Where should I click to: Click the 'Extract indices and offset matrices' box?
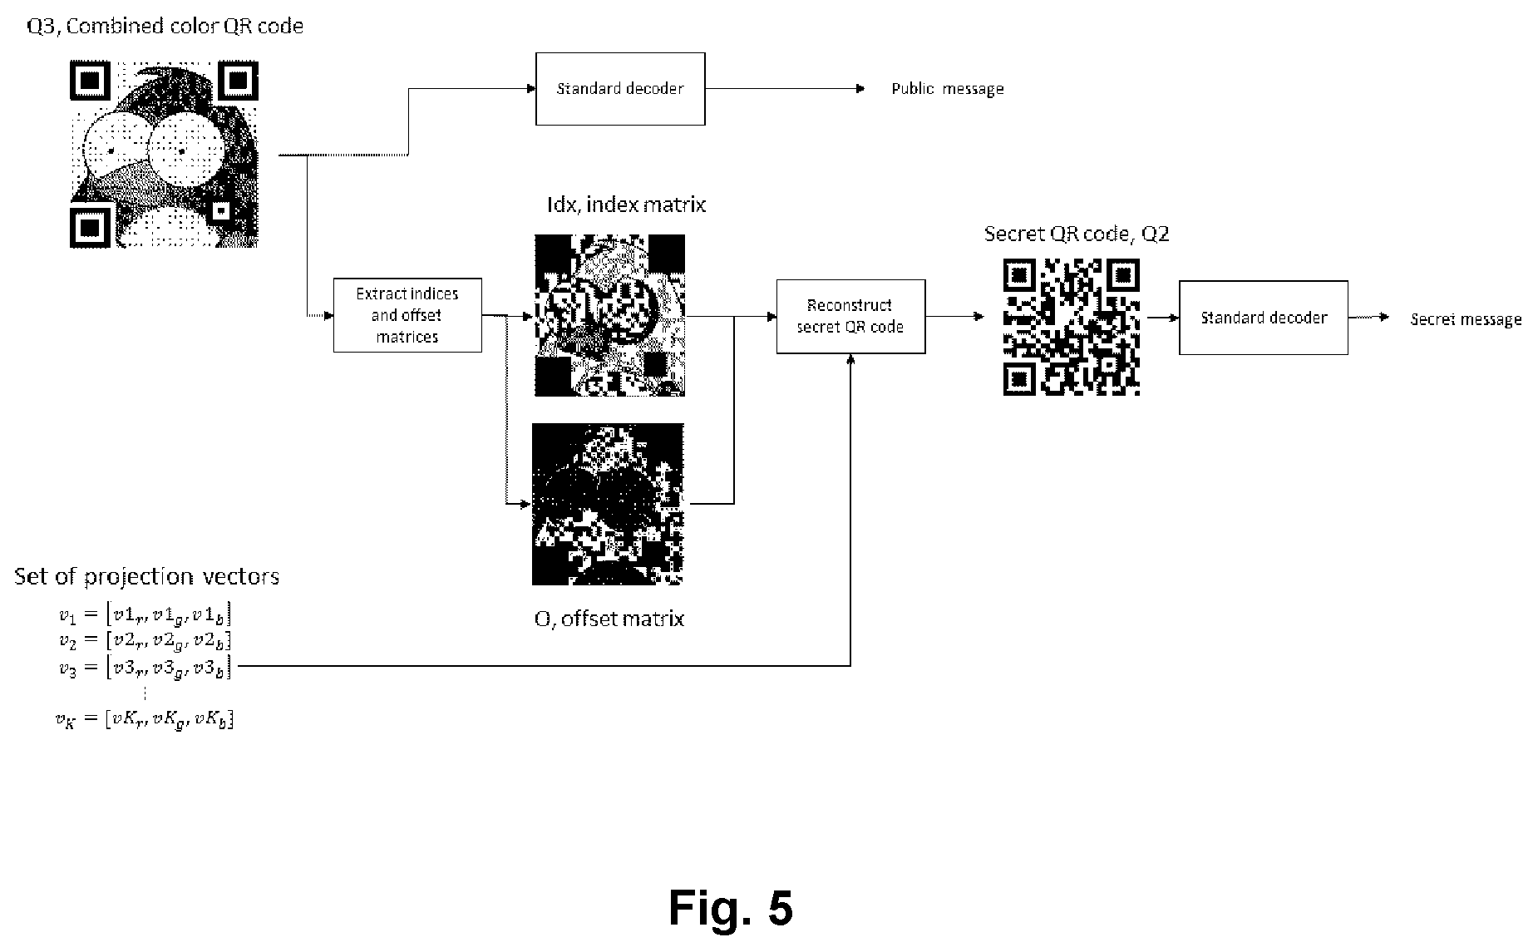(407, 315)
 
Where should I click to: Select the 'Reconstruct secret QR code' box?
(850, 317)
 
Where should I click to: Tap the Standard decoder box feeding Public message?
(620, 89)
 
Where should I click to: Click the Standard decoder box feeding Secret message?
(1264, 318)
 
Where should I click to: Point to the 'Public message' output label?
(948, 89)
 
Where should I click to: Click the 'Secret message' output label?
(1466, 319)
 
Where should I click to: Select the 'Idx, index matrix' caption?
(626, 205)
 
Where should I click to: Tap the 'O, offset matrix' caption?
(609, 619)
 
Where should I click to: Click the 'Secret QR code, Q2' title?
(1077, 234)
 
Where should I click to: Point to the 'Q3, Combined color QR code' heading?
(165, 27)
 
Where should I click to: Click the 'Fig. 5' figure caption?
(731, 907)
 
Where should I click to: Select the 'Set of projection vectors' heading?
(147, 577)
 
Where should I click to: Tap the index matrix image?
(609, 315)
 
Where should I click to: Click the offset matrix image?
(608, 505)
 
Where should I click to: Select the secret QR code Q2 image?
(1072, 327)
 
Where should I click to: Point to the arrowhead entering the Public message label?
(860, 89)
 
